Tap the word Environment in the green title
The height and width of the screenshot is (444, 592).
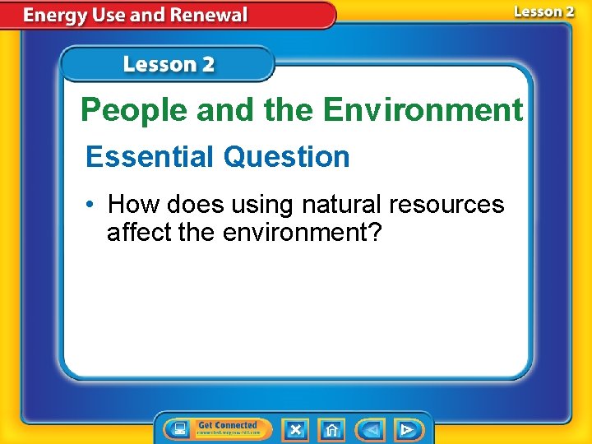click(x=423, y=109)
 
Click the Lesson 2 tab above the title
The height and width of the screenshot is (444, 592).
click(x=169, y=64)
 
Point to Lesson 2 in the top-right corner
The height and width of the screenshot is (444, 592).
click(x=543, y=12)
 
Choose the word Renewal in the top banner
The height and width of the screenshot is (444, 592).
click(x=211, y=15)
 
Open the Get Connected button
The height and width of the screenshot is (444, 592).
click(x=228, y=428)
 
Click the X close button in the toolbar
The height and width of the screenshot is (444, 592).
click(x=295, y=429)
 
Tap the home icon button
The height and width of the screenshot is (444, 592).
click(x=331, y=429)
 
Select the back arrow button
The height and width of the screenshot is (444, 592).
click(x=371, y=429)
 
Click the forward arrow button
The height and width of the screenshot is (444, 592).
click(x=407, y=429)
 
